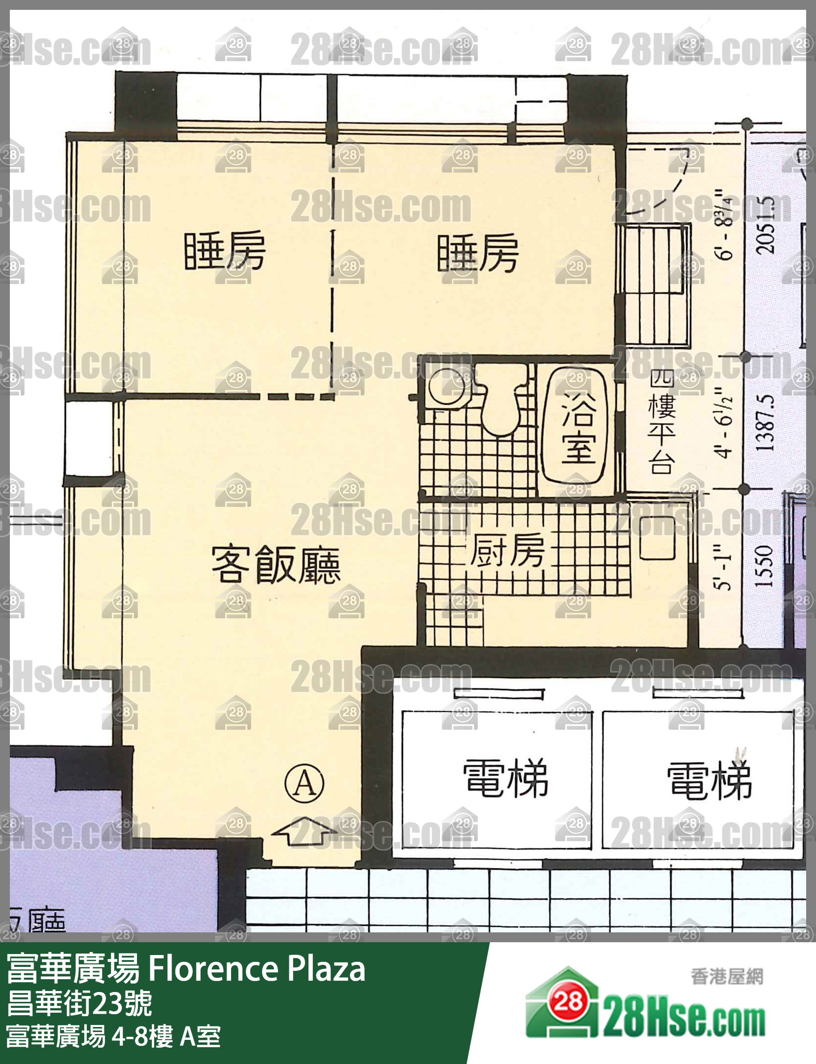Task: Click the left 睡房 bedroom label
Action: point(225,251)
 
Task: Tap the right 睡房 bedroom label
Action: point(477,253)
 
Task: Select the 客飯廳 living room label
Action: point(276,564)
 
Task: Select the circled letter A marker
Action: point(305,782)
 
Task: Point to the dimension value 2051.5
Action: point(765,224)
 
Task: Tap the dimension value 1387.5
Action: point(765,422)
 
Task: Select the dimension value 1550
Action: point(765,566)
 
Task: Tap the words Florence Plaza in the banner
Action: point(256,968)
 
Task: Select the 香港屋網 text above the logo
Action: point(726,976)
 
